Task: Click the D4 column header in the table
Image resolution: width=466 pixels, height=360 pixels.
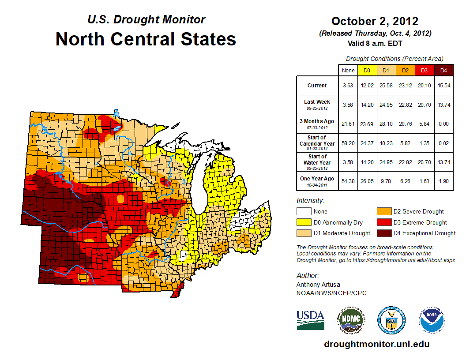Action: [x=443, y=71]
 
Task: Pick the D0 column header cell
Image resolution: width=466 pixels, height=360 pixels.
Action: [x=366, y=71]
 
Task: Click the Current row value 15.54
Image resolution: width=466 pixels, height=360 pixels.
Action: [x=443, y=86]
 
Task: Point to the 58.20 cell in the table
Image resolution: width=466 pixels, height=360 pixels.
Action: [x=348, y=143]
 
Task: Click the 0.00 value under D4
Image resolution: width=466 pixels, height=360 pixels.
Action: [x=443, y=124]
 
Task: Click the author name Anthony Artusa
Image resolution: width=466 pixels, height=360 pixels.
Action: [x=318, y=285]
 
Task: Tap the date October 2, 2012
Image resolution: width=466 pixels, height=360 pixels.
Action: [x=375, y=21]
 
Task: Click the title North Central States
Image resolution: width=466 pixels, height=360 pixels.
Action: [x=146, y=39]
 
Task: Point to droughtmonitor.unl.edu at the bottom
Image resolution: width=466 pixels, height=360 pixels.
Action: [x=376, y=344]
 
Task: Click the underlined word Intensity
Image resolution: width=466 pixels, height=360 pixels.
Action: [x=310, y=201]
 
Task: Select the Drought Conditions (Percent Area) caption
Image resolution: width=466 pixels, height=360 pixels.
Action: [x=395, y=59]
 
